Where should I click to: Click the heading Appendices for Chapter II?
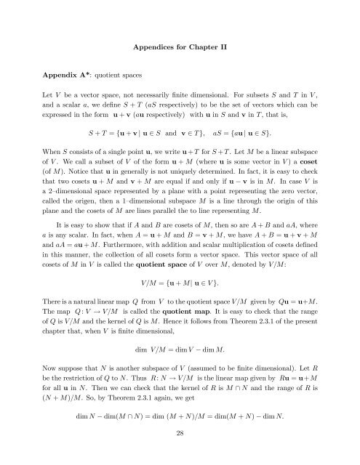[180, 44]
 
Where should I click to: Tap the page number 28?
[180, 450]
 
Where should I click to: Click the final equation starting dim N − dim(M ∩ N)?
[180, 434]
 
